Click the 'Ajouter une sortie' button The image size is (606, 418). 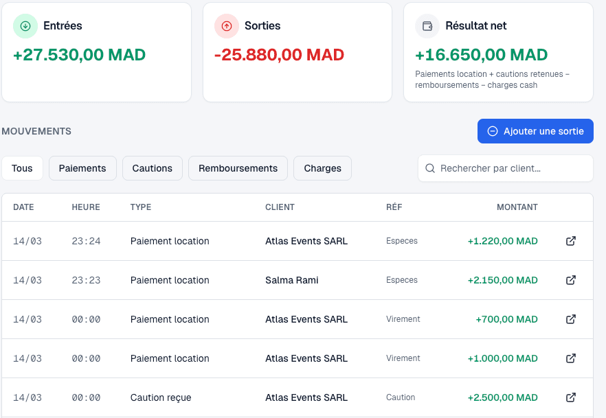pos(535,131)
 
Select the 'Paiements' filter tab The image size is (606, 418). pos(82,168)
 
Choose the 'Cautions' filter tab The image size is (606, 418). pos(153,168)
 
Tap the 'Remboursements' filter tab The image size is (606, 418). pos(238,168)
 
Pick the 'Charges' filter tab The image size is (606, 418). pos(322,168)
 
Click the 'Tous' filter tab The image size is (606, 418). pos(22,168)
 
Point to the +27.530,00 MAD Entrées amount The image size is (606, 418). pos(80,55)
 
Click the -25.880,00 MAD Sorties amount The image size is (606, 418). pos(279,55)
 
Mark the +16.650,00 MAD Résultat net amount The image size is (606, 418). pos(482,55)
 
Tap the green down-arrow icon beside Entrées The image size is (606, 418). pos(25,26)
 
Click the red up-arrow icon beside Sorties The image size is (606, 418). pos(227,26)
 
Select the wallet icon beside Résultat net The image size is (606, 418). pos(427,26)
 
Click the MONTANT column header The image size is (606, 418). pos(517,207)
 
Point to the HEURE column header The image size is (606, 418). pos(86,207)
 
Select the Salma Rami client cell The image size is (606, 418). pos(292,280)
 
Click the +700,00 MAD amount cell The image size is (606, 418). pos(506,319)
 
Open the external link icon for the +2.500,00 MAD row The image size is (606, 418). pos(570,397)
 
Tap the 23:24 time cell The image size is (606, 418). pos(86,241)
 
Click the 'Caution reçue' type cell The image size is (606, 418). pos(161,397)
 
